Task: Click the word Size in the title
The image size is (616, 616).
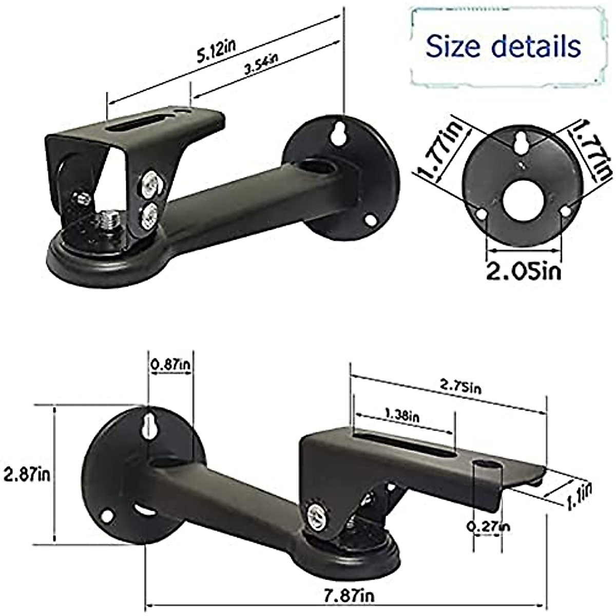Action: click(452, 46)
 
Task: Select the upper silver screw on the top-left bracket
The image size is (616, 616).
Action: click(151, 181)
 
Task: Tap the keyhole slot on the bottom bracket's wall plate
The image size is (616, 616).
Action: click(149, 423)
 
